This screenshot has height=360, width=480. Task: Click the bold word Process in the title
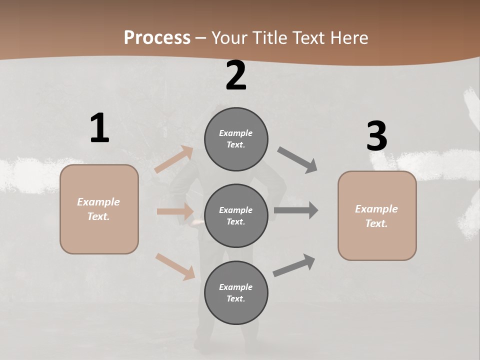pyautogui.click(x=157, y=37)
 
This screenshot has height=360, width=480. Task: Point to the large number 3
pyautogui.click(x=376, y=136)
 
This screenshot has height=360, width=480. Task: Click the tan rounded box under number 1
pyautogui.click(x=99, y=209)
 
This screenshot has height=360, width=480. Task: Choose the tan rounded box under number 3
pyautogui.click(x=377, y=216)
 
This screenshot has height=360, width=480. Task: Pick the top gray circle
pyautogui.click(x=236, y=139)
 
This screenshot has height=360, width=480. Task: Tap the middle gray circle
pyautogui.click(x=236, y=216)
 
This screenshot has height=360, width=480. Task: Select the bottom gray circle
pyautogui.click(x=236, y=293)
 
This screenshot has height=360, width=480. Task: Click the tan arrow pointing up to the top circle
pyautogui.click(x=174, y=159)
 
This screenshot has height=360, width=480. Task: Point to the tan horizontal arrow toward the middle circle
pyautogui.click(x=175, y=211)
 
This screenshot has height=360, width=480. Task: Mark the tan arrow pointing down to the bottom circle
pyautogui.click(x=175, y=266)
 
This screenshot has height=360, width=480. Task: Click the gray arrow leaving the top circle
pyautogui.click(x=297, y=160)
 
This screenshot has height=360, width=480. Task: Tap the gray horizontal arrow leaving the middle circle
pyautogui.click(x=296, y=210)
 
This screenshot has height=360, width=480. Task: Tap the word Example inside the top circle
pyautogui.click(x=236, y=133)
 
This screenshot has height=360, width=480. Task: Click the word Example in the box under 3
pyautogui.click(x=376, y=209)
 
